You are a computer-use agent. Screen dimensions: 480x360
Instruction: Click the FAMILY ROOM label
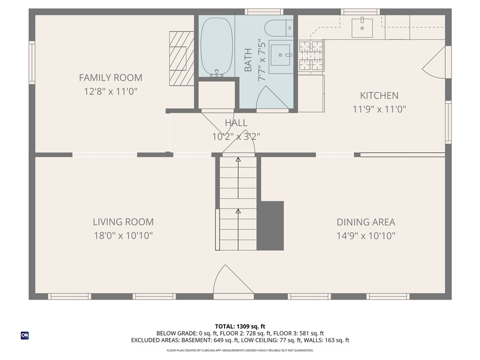click(x=111, y=78)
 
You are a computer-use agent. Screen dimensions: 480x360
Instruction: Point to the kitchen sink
click(x=362, y=28)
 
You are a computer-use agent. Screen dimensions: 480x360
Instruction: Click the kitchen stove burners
click(x=311, y=55)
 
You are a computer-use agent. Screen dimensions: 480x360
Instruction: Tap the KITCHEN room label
click(x=379, y=96)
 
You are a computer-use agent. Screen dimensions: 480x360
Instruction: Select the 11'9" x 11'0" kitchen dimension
click(x=379, y=109)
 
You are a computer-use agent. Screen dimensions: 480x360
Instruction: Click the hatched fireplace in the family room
click(x=182, y=59)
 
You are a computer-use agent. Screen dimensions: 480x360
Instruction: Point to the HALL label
click(x=236, y=123)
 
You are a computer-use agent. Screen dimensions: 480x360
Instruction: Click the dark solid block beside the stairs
click(x=270, y=225)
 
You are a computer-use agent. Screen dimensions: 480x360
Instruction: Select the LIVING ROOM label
click(x=123, y=222)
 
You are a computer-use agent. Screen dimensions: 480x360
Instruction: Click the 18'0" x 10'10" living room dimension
click(x=123, y=236)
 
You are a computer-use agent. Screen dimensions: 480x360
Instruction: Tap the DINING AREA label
click(x=366, y=222)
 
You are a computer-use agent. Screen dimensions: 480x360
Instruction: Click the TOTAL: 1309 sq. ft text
click(x=240, y=326)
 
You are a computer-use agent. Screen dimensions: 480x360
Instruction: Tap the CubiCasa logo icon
click(x=25, y=336)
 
